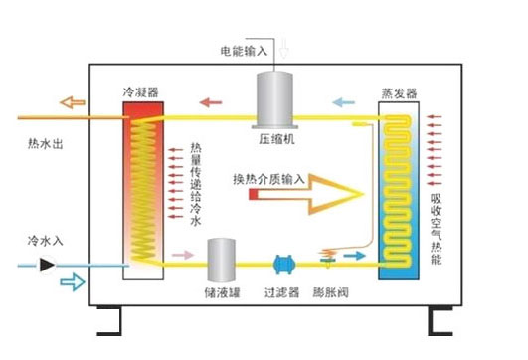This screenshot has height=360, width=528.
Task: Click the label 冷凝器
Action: click(x=140, y=92)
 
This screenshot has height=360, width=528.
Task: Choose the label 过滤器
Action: click(x=283, y=294)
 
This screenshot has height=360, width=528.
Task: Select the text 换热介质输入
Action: click(x=269, y=179)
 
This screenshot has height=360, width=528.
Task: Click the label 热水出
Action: click(x=46, y=144)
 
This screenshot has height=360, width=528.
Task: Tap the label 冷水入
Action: click(x=46, y=242)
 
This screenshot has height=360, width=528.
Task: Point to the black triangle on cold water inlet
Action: click(x=47, y=265)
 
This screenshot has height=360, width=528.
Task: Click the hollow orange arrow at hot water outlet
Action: click(x=71, y=101)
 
